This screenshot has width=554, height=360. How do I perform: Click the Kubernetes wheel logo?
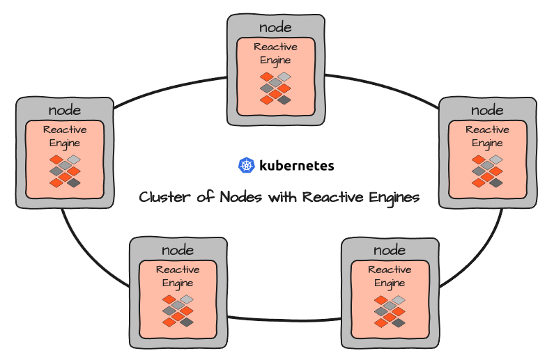[246, 166]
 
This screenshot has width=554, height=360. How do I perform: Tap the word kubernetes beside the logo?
[296, 166]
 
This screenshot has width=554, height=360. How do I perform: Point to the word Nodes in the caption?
[241, 197]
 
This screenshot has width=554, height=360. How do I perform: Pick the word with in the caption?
[282, 197]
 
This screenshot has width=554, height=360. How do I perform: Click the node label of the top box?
[275, 27]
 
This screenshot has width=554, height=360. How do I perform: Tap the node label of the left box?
[65, 110]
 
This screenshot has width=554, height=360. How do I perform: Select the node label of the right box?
[487, 110]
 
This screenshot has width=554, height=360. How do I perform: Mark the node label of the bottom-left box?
[178, 250]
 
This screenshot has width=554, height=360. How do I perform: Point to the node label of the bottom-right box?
[390, 250]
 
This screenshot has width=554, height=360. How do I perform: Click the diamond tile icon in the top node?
[275, 88]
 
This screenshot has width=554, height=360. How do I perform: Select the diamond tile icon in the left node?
[65, 171]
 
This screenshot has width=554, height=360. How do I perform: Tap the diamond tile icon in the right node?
[487, 171]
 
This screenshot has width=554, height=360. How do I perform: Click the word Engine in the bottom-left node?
[178, 283]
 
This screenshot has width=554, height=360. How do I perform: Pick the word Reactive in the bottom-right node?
[390, 269]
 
